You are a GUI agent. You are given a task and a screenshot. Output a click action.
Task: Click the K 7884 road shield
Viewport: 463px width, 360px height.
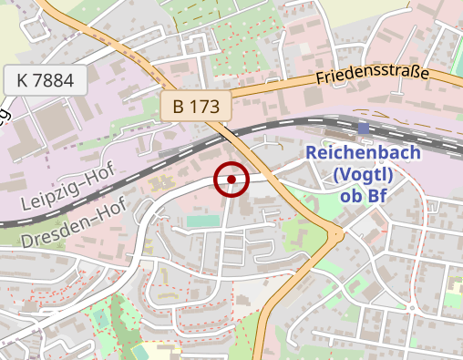(45, 80)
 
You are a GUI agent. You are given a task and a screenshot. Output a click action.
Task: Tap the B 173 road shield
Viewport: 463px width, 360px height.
(196, 106)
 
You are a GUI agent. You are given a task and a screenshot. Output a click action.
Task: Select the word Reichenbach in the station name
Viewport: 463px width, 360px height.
(363, 153)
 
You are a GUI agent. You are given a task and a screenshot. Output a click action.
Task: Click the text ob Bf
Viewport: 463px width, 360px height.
(364, 195)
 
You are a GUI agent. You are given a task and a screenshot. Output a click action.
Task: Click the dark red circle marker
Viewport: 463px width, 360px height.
(231, 180)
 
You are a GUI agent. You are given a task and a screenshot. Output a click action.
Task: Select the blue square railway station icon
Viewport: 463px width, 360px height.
(364, 129)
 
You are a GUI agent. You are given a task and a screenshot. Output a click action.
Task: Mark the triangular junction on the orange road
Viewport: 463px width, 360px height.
(336, 236)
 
